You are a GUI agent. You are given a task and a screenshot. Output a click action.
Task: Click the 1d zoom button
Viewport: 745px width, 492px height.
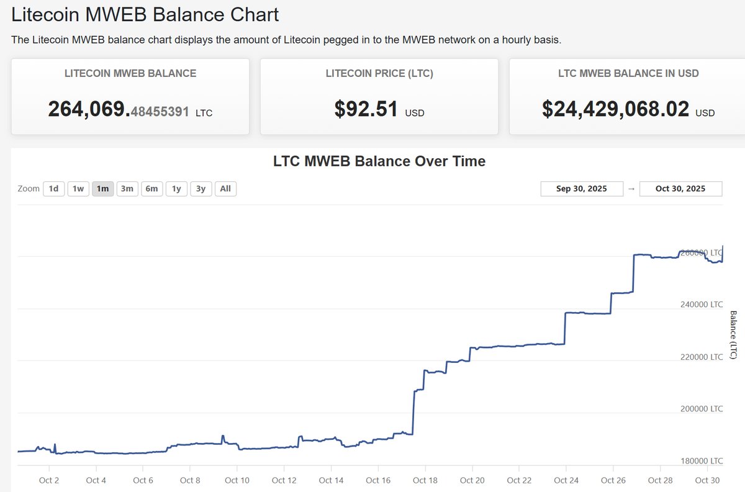tap(54, 189)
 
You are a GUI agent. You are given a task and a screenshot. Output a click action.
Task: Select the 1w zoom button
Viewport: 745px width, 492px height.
tap(78, 189)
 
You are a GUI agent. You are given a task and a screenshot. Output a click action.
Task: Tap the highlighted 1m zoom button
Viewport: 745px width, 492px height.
tap(102, 189)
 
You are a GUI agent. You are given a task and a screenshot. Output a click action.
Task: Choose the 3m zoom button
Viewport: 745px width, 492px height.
tap(127, 189)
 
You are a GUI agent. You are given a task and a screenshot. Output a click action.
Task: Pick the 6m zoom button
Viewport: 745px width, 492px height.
tap(151, 189)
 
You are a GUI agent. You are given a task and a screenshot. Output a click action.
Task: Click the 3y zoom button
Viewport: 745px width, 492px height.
tap(201, 189)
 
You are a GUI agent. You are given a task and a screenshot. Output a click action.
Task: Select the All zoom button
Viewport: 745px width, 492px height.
tap(225, 189)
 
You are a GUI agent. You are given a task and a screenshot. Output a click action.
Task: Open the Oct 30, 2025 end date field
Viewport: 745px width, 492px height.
tap(680, 189)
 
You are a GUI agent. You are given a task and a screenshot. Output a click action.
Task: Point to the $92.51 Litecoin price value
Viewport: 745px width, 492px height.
tap(366, 109)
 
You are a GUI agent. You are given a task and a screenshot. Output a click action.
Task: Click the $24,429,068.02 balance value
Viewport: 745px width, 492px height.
tap(615, 109)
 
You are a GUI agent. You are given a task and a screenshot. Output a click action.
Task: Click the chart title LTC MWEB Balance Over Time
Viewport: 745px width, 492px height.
tap(379, 161)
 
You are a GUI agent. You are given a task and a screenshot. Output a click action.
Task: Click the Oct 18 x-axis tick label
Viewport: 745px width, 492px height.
tap(425, 480)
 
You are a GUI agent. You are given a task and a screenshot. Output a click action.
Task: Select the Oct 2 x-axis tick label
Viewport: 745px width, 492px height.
tap(48, 480)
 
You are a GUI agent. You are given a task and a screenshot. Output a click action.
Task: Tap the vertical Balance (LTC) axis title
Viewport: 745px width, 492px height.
tap(733, 334)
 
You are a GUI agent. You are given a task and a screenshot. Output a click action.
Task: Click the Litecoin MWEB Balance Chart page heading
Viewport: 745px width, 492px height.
tap(145, 15)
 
